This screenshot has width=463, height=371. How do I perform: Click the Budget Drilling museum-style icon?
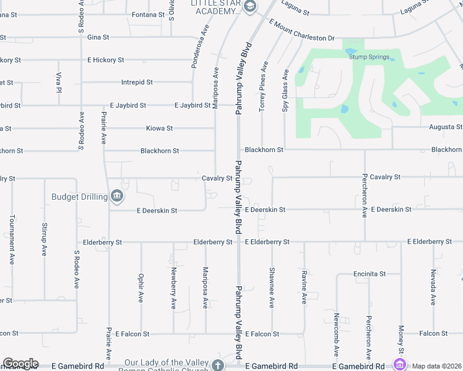[117, 197]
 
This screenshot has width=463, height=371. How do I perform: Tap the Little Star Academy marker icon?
[249, 7]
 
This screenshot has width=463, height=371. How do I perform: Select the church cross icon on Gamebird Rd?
[217, 365]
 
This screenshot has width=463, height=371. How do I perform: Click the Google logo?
[20, 364]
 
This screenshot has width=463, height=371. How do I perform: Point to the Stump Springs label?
[369, 57]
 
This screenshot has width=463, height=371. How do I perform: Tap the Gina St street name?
[98, 37]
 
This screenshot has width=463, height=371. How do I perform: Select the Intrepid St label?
[137, 82]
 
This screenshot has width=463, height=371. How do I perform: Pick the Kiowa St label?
[159, 128]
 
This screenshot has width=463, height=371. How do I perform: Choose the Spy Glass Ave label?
[285, 90]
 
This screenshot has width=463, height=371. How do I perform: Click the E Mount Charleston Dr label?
[301, 29]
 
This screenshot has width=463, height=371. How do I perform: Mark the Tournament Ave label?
[12, 241]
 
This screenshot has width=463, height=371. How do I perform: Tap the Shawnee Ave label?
[271, 287]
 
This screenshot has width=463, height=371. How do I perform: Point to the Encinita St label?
[370, 273]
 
